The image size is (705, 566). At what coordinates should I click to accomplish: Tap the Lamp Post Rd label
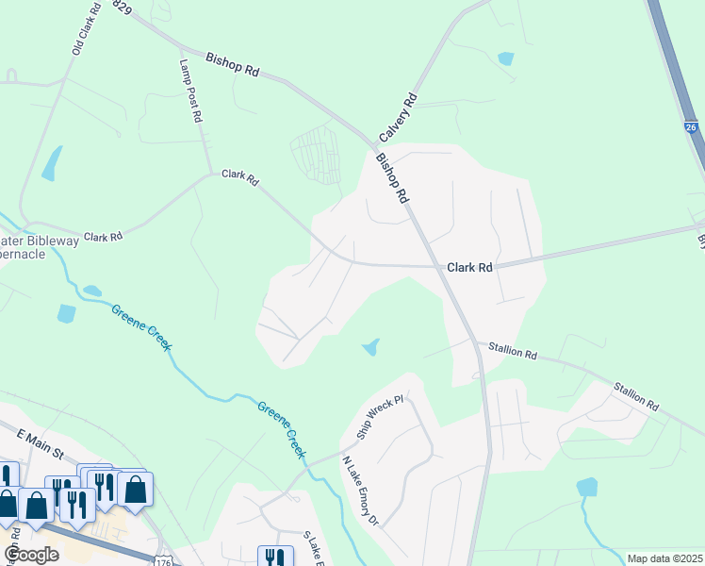point(190,92)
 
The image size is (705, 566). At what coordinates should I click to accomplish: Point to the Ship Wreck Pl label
point(380,418)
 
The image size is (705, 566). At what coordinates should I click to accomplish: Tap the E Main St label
point(40,441)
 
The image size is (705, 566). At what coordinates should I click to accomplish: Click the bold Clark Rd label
point(469,268)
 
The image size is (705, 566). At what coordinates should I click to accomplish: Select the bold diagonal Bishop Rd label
point(391,178)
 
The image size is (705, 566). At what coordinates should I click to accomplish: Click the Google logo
point(31,554)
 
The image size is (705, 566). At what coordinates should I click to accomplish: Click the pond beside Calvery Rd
point(506,58)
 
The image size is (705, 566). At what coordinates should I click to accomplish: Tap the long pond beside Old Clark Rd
point(51,163)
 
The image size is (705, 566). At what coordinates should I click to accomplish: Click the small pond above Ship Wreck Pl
point(371,348)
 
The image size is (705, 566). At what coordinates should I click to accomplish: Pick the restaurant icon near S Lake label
point(274,556)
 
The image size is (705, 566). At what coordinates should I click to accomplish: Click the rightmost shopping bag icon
point(136,489)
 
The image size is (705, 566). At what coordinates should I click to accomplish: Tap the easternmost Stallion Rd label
point(636,394)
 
